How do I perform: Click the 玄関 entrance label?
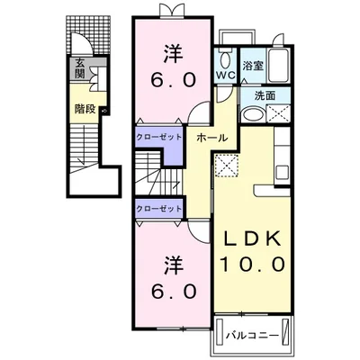(79, 68)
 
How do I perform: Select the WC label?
(226, 76)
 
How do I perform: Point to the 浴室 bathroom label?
(253, 66)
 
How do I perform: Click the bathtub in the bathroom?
(279, 66)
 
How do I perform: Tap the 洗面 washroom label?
(265, 95)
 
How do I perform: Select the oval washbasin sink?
(254, 114)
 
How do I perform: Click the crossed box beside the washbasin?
(278, 113)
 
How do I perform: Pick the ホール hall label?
(212, 138)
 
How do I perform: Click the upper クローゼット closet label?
(158, 138)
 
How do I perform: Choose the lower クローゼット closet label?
(158, 208)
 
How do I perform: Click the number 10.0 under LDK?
(252, 264)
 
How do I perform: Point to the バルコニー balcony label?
(252, 335)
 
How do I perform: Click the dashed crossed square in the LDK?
(227, 166)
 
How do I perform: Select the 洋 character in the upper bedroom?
(173, 54)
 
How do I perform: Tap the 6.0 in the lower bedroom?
(174, 292)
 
